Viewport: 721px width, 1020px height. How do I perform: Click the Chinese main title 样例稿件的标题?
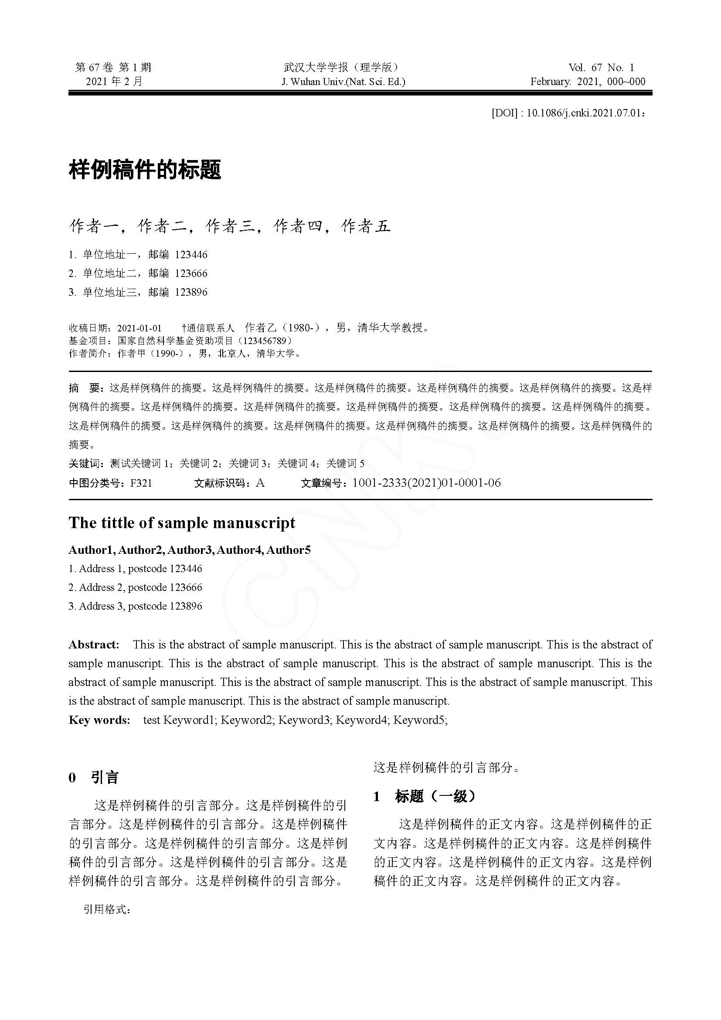tap(145, 170)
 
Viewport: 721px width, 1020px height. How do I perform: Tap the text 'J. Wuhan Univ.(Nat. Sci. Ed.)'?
tap(343, 82)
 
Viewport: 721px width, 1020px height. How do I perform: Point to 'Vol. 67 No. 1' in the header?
tap(601, 68)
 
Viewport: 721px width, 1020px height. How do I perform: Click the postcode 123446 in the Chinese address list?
tap(191, 255)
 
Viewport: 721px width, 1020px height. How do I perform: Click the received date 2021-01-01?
tap(139, 328)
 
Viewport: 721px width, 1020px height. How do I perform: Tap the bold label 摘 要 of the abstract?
tap(86, 388)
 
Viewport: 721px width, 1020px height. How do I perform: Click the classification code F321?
tap(141, 483)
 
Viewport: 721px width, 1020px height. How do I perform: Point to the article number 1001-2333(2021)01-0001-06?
tap(426, 483)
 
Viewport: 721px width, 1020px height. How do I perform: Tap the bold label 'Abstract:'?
tap(94, 645)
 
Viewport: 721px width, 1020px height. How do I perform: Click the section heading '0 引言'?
tap(94, 778)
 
